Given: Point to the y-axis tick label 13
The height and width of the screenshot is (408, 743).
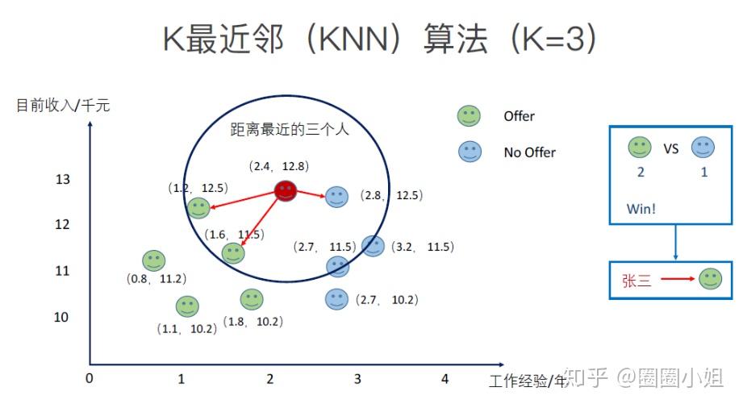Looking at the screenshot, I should (x=63, y=179).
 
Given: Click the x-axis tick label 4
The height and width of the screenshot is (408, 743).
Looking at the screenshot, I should (x=444, y=379).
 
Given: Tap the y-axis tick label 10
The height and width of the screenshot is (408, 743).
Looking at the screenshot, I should (x=61, y=317).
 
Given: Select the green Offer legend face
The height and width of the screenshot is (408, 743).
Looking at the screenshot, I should (x=469, y=115).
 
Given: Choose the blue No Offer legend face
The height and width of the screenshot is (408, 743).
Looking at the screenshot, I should (x=469, y=152).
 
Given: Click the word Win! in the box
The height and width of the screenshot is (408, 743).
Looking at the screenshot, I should (x=641, y=209).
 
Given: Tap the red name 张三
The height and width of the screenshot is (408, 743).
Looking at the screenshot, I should (x=636, y=281).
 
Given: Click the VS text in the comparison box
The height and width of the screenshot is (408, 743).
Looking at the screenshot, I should (x=671, y=148).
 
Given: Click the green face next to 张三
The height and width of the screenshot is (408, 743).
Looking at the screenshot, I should (x=710, y=279).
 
